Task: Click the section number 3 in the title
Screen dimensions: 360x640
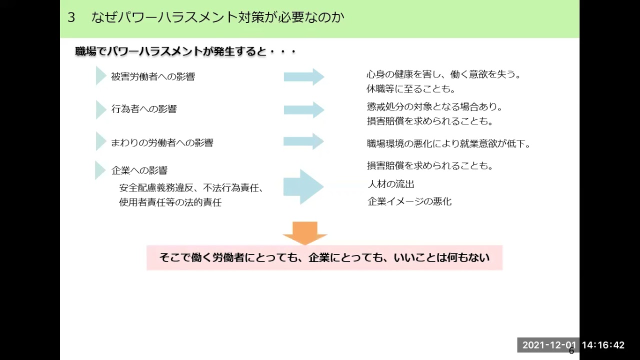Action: pyautogui.click(x=71, y=17)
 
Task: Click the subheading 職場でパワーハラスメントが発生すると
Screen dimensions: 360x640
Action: pyautogui.click(x=185, y=51)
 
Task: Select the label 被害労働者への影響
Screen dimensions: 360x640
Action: pyautogui.click(x=153, y=76)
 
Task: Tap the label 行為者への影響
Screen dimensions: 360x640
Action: pyautogui.click(x=144, y=109)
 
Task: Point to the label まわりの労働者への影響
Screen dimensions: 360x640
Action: pyautogui.click(x=162, y=142)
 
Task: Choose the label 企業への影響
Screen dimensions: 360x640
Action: pyautogui.click(x=139, y=170)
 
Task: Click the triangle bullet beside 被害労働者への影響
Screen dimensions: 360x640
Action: pyautogui.click(x=100, y=76)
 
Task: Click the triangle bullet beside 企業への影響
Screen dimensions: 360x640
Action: pyautogui.click(x=99, y=170)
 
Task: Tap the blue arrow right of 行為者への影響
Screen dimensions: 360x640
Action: pyautogui.click(x=304, y=109)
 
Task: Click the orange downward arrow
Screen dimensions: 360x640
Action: pyautogui.click(x=304, y=232)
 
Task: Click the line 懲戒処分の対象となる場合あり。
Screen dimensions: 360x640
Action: pyautogui.click(x=434, y=107)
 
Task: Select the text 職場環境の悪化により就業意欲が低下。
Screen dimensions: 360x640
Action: pyautogui.click(x=448, y=144)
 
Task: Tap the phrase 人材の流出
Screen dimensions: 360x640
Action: pyautogui.click(x=391, y=184)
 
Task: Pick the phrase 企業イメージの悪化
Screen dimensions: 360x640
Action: pyautogui.click(x=409, y=201)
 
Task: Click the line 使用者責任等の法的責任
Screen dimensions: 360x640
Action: pyautogui.click(x=170, y=202)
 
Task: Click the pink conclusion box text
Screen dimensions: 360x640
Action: pyautogui.click(x=324, y=258)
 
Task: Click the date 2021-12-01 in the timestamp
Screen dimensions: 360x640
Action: pyautogui.click(x=549, y=345)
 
